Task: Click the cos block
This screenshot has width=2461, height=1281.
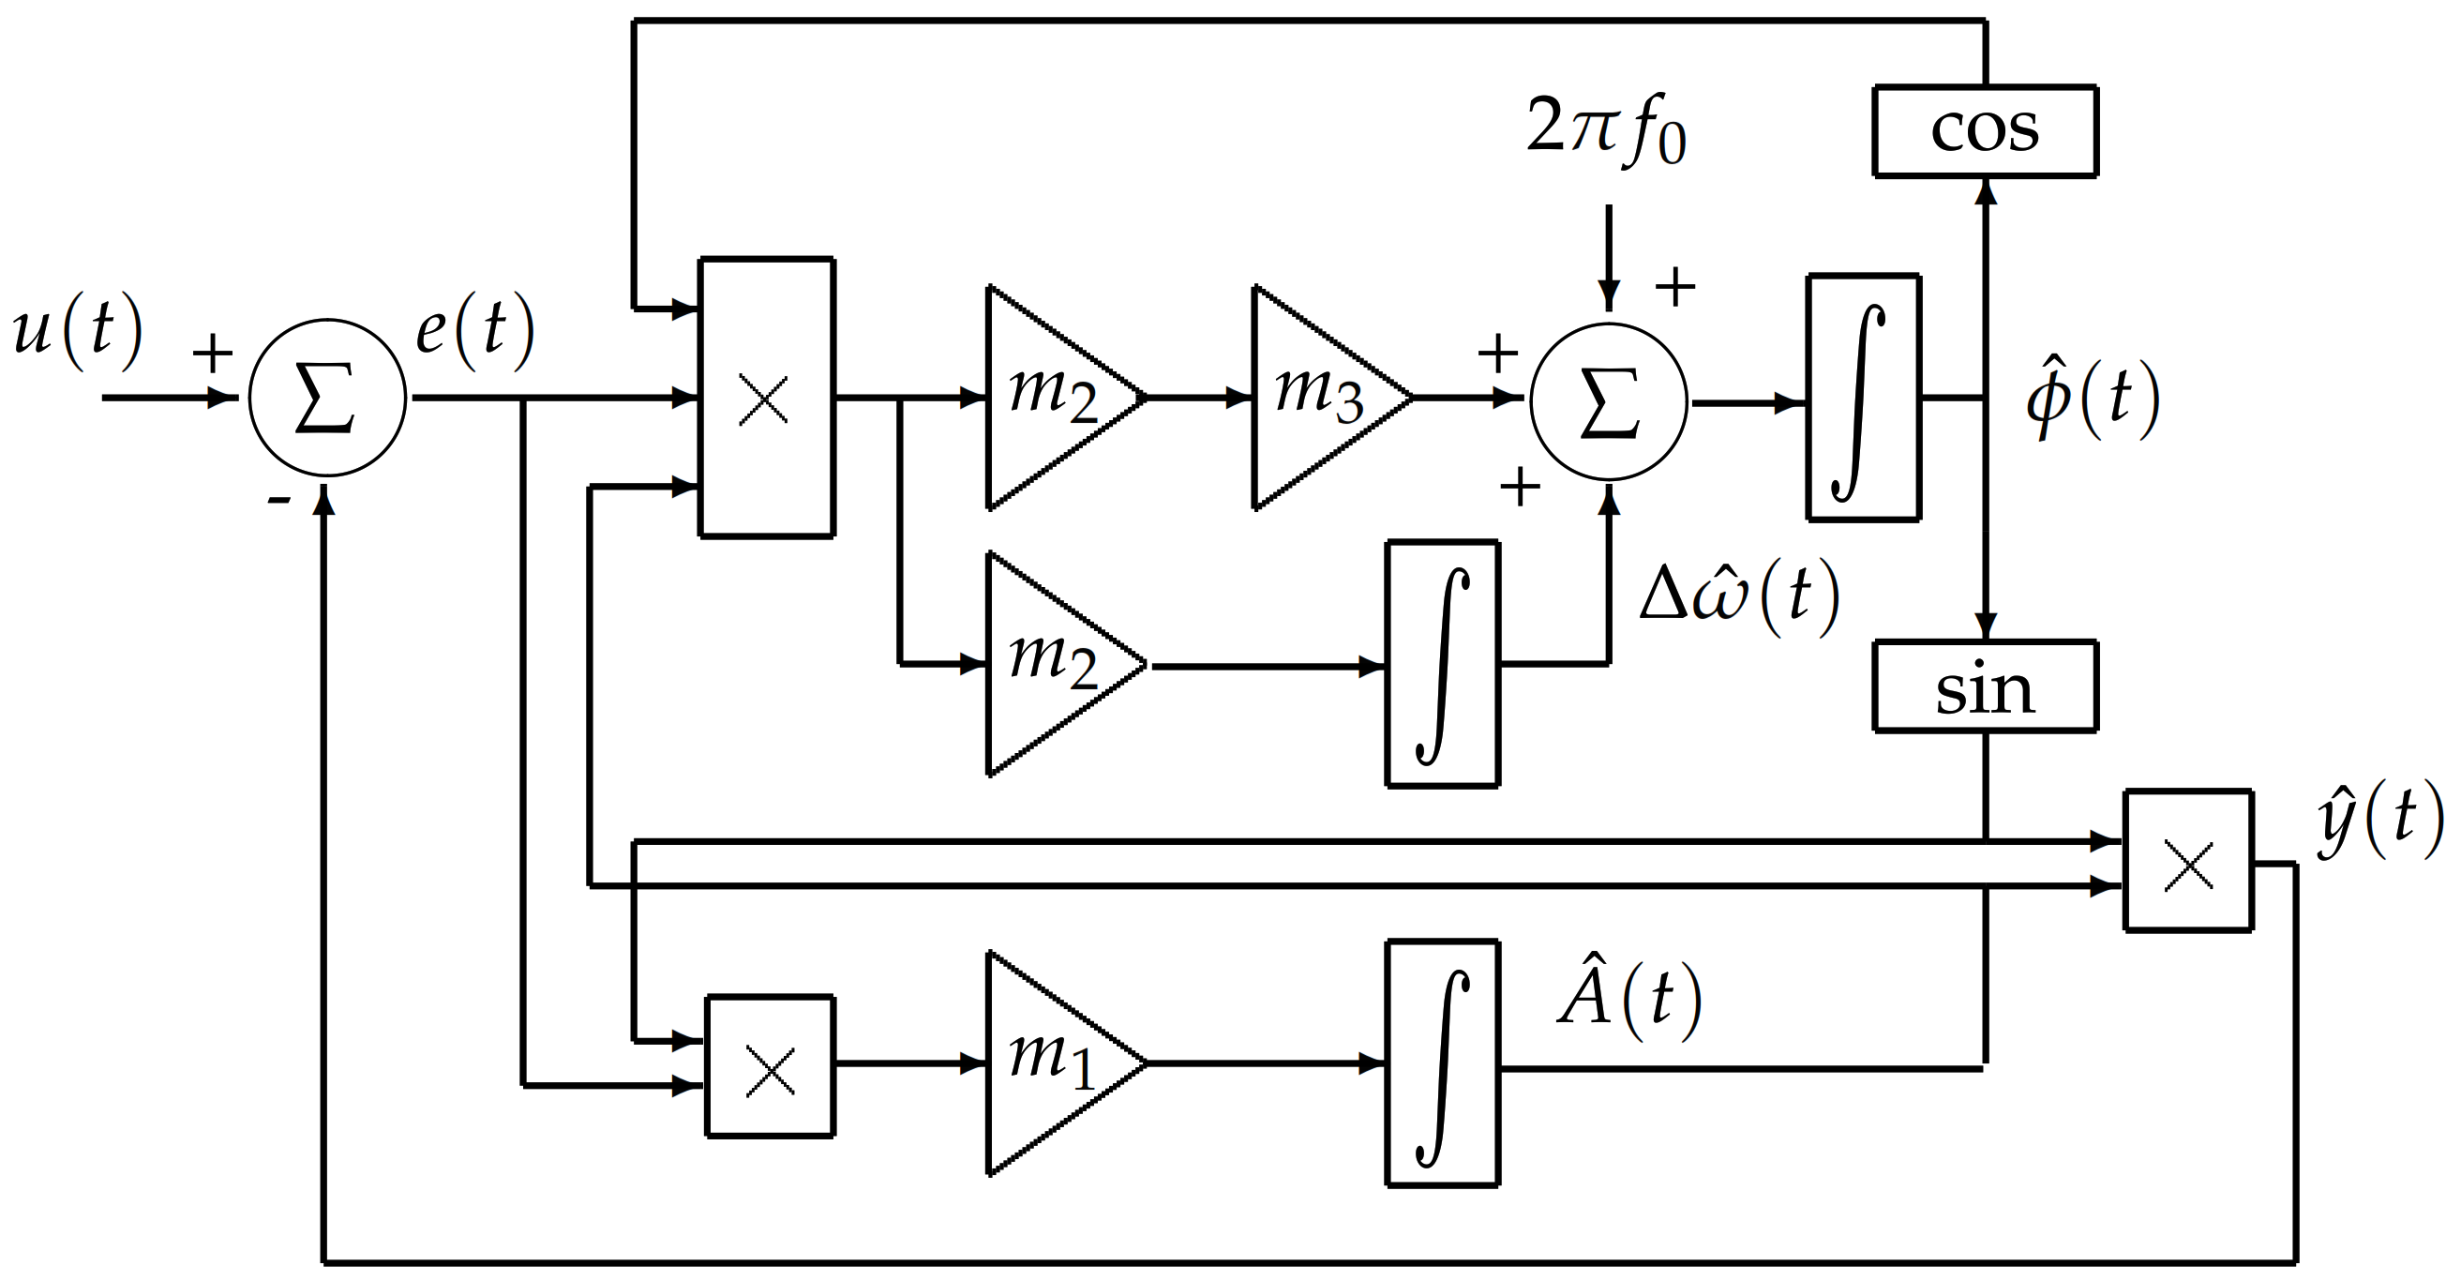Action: [1986, 131]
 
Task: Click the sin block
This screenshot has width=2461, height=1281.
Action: [1986, 686]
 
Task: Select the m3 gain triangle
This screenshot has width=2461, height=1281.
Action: [1318, 398]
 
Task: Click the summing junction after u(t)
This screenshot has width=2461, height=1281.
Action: [327, 398]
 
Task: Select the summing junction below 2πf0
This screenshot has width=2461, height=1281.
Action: [1609, 401]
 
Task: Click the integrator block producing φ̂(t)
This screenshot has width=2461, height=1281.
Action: [1863, 398]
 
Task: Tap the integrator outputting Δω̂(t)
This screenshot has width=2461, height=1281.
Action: [1442, 664]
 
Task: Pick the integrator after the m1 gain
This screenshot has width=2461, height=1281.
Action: [1442, 1062]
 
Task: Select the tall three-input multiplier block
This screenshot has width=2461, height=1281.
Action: [766, 398]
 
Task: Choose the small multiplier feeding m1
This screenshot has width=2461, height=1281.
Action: [770, 1067]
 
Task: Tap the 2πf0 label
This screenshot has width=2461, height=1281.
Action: [1605, 129]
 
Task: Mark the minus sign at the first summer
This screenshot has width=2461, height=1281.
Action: [278, 500]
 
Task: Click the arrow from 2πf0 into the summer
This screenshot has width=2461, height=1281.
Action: [1609, 258]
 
